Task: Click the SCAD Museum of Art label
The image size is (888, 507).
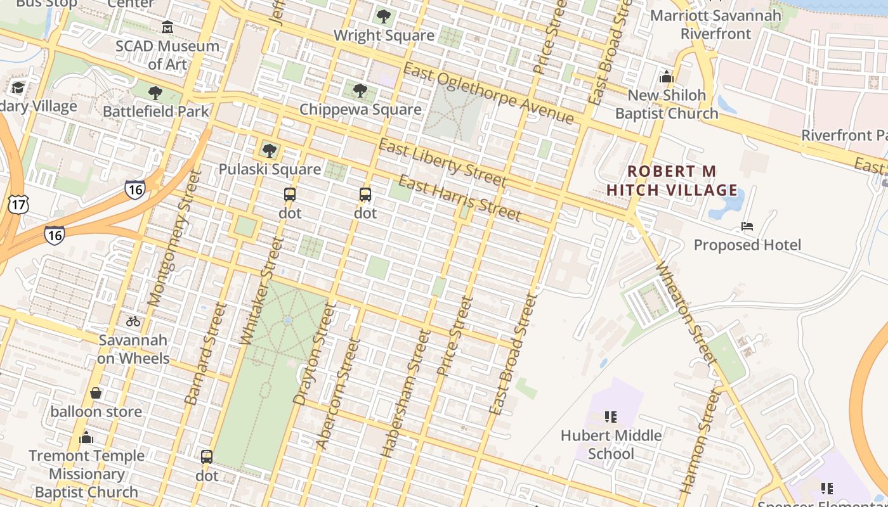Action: [167, 55]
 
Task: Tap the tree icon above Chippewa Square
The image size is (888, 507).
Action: [360, 91]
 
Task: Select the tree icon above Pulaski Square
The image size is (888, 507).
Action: [270, 150]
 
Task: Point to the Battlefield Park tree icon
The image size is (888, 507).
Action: [155, 93]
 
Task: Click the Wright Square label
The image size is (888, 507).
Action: [384, 35]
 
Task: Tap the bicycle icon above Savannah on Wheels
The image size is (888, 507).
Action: [133, 321]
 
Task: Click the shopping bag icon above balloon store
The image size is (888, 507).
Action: [96, 393]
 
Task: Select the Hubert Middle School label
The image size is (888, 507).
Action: [611, 444]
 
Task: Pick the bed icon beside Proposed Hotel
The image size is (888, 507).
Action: [747, 226]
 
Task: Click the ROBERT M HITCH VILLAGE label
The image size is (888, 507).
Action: [672, 181]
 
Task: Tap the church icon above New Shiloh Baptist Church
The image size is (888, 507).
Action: [667, 77]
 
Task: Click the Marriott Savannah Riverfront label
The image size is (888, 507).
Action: [715, 24]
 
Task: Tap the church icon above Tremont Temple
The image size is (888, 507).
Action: [86, 437]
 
